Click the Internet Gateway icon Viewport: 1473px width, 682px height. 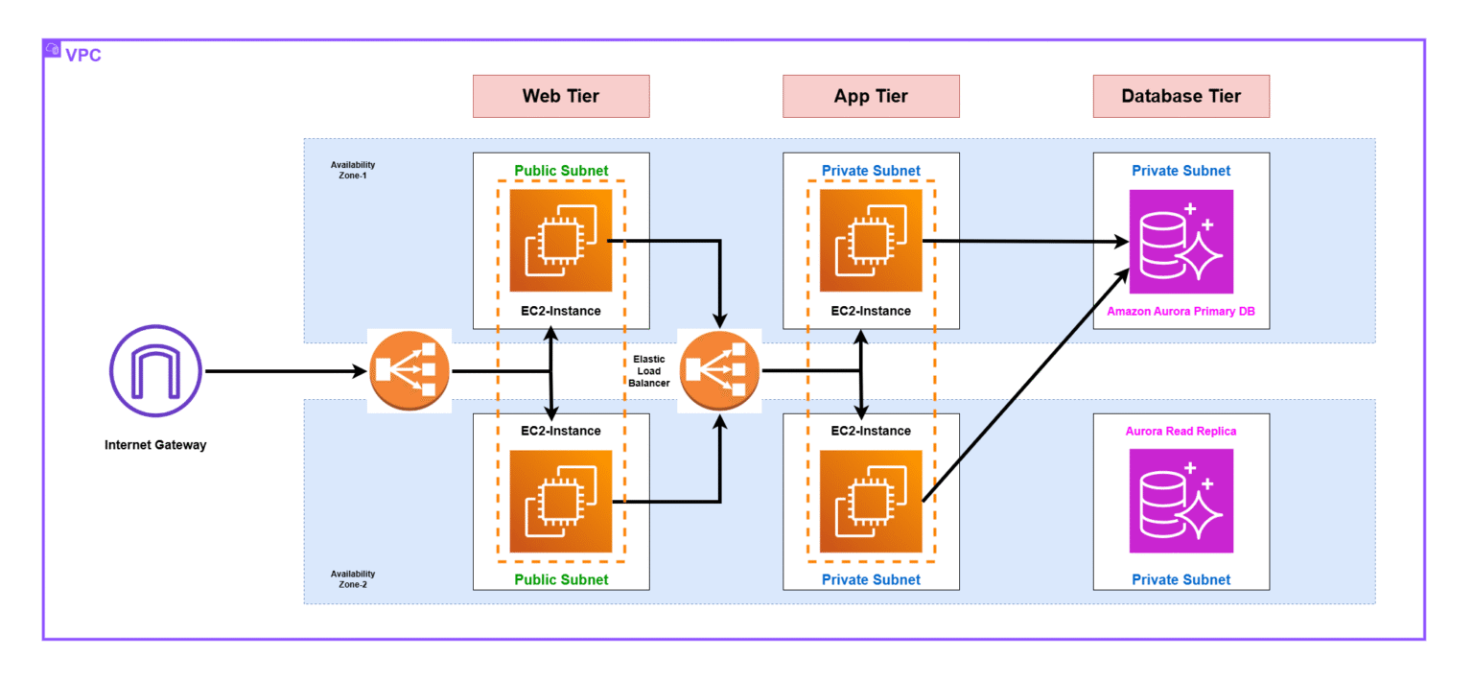click(155, 371)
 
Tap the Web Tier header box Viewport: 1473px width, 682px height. click(561, 96)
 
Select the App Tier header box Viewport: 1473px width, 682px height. click(871, 96)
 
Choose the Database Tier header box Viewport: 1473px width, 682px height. click(1181, 96)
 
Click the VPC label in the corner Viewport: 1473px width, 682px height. click(82, 55)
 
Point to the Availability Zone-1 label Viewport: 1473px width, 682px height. click(353, 170)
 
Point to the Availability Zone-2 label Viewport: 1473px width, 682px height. click(353, 578)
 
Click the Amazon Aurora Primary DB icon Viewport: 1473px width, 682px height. click(1181, 242)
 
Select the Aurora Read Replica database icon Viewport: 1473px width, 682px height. click(1181, 501)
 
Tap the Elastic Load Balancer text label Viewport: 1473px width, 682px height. click(649, 370)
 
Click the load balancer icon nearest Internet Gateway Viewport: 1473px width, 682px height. click(409, 371)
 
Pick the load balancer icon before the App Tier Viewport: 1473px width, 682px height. click(718, 371)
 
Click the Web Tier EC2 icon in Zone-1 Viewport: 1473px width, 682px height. click(561, 241)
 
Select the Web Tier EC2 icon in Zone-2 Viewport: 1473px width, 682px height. click(561, 502)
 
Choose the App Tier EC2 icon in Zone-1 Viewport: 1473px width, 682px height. click(871, 241)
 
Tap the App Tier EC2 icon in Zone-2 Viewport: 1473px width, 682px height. click(871, 502)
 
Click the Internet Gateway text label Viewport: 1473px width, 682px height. click(155, 445)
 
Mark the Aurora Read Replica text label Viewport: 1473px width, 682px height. click(1181, 432)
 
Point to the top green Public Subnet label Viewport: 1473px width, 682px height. click(561, 171)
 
